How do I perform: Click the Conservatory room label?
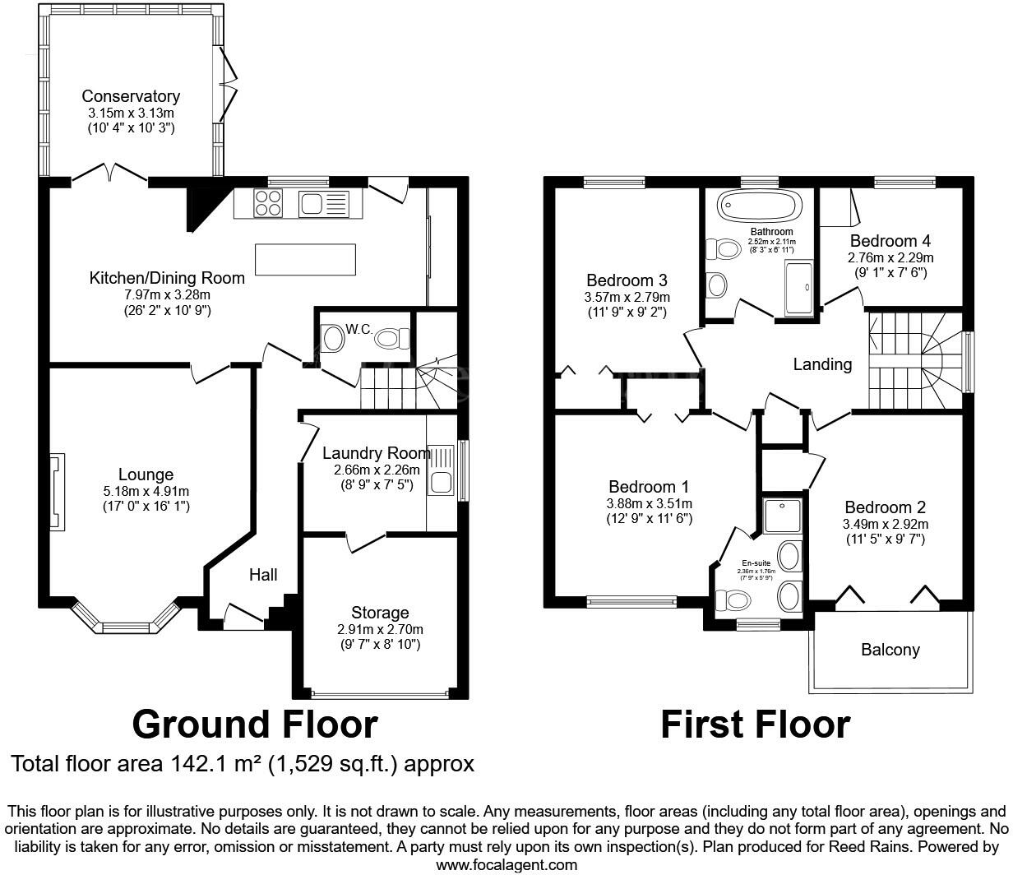(131, 97)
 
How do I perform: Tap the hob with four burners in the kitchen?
(268, 202)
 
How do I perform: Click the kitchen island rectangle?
(307, 260)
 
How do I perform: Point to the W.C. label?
(359, 329)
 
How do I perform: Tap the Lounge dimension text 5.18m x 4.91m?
(146, 491)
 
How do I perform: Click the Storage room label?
(380, 613)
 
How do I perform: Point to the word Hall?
(263, 575)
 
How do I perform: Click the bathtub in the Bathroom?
(759, 206)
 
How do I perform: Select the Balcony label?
(890, 650)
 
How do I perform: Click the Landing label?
(822, 364)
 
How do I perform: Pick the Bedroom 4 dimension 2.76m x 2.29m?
(890, 257)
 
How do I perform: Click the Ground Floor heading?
(255, 725)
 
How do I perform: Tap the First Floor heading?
(755, 725)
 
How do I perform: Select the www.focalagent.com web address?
(506, 865)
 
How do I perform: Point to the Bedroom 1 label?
(649, 487)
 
